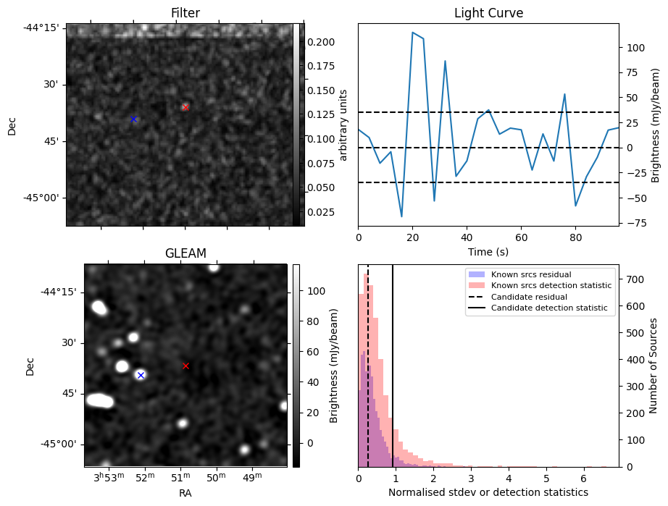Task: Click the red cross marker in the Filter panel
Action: point(185,107)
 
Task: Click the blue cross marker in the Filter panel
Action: point(133,119)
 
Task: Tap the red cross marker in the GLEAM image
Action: point(185,366)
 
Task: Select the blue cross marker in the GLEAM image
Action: point(141,375)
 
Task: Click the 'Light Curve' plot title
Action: point(488,13)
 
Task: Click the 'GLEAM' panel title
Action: point(185,253)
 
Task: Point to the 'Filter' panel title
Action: point(185,13)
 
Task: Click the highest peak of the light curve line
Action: point(412,33)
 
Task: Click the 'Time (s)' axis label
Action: point(488,251)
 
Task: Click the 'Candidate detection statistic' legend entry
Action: point(540,308)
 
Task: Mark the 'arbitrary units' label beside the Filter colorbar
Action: point(344,125)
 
